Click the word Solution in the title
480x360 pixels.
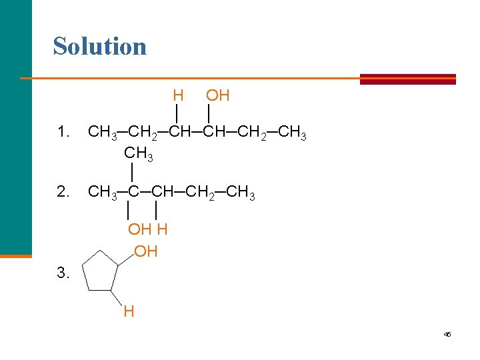100,47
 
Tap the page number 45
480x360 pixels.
447,334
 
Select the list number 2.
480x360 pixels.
63,193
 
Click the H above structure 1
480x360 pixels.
177,96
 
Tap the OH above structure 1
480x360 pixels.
218,96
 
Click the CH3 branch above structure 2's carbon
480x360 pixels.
139,154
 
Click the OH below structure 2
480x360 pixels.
140,230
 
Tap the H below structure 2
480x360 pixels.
162,230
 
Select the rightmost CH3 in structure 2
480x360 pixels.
241,193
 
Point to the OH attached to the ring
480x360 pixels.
146,252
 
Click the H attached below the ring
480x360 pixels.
129,311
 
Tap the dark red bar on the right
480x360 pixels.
407,79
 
